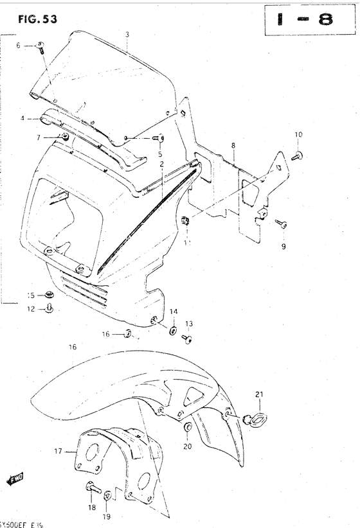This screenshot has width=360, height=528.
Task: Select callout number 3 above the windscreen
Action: [x=127, y=33]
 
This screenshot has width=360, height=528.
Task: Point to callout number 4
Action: [x=22, y=119]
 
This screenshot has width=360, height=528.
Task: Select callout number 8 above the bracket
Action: [x=233, y=146]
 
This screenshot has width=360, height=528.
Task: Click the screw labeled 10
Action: [x=297, y=155]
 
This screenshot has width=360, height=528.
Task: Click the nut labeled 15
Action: [x=49, y=295]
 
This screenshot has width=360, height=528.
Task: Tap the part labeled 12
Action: [x=49, y=309]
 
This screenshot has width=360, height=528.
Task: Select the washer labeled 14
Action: [x=174, y=330]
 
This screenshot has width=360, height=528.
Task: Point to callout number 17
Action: [x=57, y=452]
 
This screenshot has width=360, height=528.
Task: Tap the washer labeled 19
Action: [x=108, y=495]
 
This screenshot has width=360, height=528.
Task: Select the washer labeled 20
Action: [x=186, y=428]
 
